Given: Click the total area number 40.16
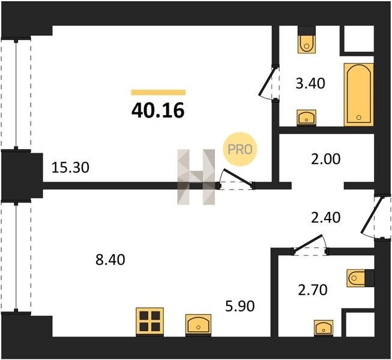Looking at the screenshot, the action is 158,110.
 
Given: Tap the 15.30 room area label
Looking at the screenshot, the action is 70,167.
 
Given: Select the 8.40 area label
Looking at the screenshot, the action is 110,260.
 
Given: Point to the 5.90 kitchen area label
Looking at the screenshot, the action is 240,306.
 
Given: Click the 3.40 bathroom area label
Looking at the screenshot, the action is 310,83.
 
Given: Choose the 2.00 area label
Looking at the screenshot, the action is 325,159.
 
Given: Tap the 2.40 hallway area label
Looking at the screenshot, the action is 325,217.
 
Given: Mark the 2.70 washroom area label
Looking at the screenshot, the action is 313,290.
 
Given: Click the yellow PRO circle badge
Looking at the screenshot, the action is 240,149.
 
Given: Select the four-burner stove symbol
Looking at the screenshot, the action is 149,322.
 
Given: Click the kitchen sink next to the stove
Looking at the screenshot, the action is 198,325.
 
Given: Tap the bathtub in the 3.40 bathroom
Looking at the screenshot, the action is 359,95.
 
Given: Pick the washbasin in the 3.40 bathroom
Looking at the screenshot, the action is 307,117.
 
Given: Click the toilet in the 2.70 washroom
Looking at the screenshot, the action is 361,278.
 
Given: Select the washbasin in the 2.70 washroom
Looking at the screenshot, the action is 324,328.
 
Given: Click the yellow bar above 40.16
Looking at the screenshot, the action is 158,92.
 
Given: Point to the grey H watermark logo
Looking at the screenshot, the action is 196,177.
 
